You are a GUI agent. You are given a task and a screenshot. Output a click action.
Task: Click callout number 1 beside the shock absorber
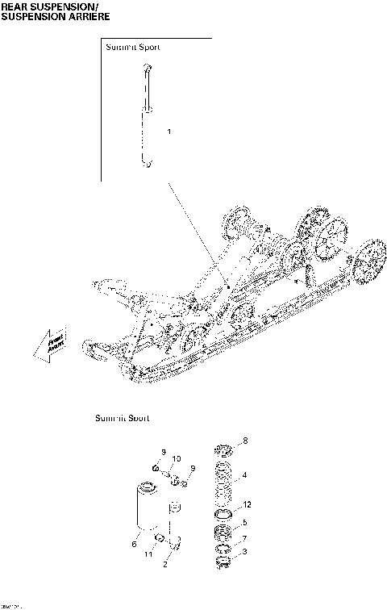(x=169, y=131)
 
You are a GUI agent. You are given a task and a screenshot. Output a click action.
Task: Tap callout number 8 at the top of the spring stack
(x=246, y=441)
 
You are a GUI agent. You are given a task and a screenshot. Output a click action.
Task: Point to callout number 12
(x=248, y=504)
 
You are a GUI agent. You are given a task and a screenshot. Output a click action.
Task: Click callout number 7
(x=244, y=537)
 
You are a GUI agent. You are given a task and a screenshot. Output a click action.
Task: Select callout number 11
(x=148, y=555)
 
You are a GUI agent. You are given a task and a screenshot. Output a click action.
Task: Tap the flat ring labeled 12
(x=225, y=514)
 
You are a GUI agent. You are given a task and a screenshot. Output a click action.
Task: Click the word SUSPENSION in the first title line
(x=57, y=6)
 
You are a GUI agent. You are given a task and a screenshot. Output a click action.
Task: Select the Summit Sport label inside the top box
(x=133, y=48)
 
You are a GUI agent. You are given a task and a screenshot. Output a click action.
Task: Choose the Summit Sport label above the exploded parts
(x=122, y=418)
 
